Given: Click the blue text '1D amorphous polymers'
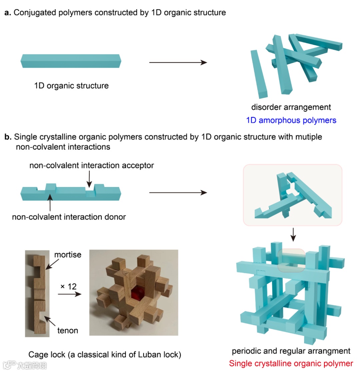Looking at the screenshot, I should pyautogui.click(x=291, y=120).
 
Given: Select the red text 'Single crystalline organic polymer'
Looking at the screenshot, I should pyautogui.click(x=291, y=363).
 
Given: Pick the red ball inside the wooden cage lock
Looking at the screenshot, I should pyautogui.click(x=136, y=295).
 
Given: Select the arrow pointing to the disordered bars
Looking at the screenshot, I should pyautogui.click(x=178, y=62).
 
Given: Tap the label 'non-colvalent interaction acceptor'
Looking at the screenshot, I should pyautogui.click(x=92, y=166).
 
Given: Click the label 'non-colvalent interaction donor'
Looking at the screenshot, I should pyautogui.click(x=69, y=217).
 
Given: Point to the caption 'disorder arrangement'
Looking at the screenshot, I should pyautogui.click(x=291, y=107).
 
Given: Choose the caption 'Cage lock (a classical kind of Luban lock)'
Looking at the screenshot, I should pyautogui.click(x=105, y=354).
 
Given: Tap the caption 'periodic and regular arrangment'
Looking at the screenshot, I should pyautogui.click(x=291, y=351).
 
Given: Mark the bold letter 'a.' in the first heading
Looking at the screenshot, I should pyautogui.click(x=7, y=13).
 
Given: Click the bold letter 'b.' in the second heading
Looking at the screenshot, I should pyautogui.click(x=7, y=137).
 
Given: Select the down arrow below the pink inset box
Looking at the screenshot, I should pyautogui.click(x=293, y=235).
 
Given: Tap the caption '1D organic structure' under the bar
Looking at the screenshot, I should pyautogui.click(x=71, y=86).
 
